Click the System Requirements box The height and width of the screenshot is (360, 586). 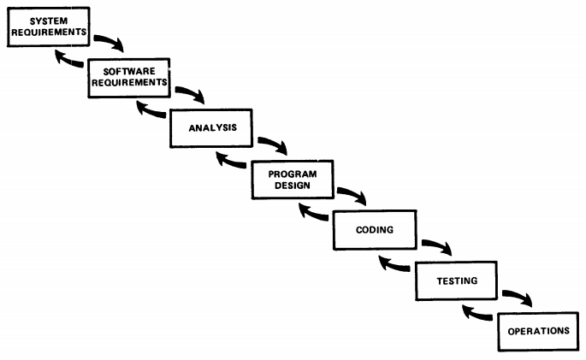[x=49, y=27]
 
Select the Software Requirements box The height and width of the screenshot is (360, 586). [x=129, y=78]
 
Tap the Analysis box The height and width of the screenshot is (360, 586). [x=211, y=128]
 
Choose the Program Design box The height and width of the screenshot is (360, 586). [x=293, y=180]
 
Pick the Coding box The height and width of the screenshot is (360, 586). [x=375, y=230]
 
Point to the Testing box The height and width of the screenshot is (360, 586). [x=456, y=280]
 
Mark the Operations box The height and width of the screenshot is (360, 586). [x=539, y=332]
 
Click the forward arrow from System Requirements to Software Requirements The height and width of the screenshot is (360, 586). [x=110, y=41]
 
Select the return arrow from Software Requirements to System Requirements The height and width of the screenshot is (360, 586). [x=68, y=61]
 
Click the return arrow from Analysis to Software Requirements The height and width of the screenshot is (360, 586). [x=150, y=111]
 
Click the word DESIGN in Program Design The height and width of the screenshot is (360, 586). [x=293, y=186]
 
